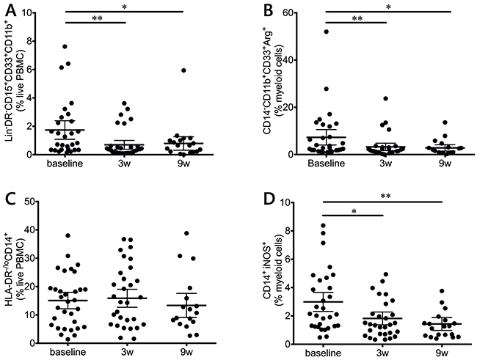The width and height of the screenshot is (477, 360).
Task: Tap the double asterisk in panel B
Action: (356, 19)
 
